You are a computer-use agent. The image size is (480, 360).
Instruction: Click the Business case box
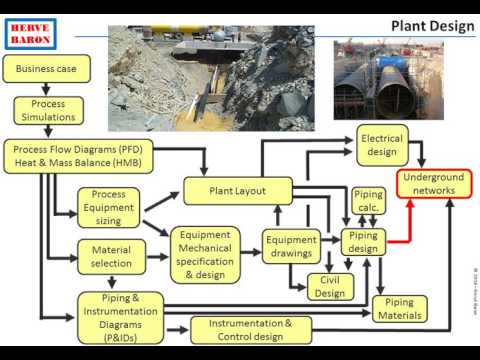point(47,69)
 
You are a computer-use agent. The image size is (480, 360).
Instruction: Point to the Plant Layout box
point(237,190)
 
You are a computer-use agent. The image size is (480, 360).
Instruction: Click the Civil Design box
point(329,287)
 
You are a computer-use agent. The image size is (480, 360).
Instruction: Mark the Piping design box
point(363,242)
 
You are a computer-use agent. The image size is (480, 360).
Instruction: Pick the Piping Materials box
point(399,309)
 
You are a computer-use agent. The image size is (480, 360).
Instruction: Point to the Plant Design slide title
point(432,25)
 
